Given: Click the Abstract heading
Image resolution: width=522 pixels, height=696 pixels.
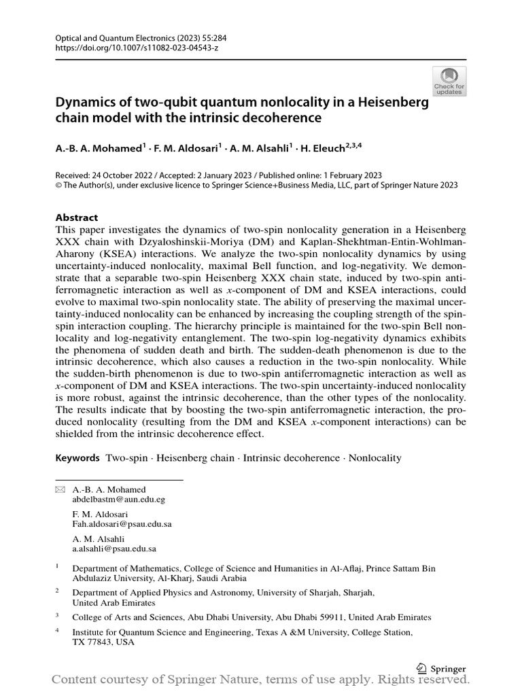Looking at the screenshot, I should tap(77, 218).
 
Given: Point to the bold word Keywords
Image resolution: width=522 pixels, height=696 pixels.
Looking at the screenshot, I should tap(77, 458).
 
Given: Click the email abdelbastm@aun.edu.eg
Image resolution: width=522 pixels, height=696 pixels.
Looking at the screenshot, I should tap(118, 499).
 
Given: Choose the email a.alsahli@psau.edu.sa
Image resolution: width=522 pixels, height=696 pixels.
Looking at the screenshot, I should tap(114, 549).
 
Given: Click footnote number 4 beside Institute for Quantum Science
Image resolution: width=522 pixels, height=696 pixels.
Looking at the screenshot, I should tap(58, 631).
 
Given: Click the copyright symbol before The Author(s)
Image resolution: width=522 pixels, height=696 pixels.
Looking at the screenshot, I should tap(58, 184).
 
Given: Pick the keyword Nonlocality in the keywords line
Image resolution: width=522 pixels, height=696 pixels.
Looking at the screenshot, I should tap(375, 458).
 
